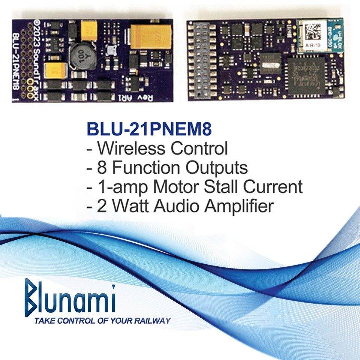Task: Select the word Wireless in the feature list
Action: click(132, 148)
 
